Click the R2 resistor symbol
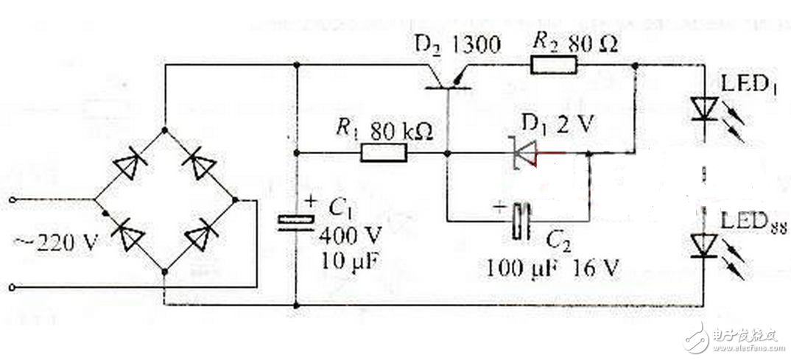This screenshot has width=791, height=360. pos(555,66)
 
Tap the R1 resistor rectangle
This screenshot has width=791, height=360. pos(383,153)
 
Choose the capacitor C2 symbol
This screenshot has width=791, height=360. pos(522,218)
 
